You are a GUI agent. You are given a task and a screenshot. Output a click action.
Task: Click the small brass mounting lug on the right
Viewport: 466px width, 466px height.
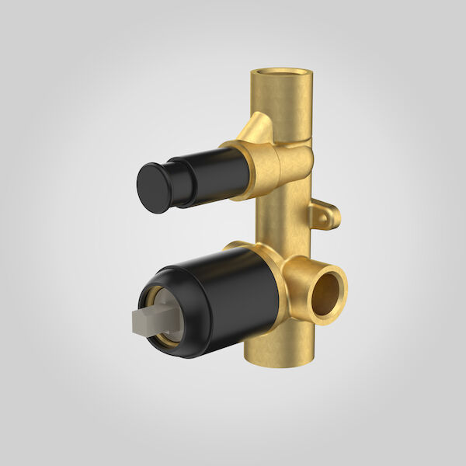pos(324,215)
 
